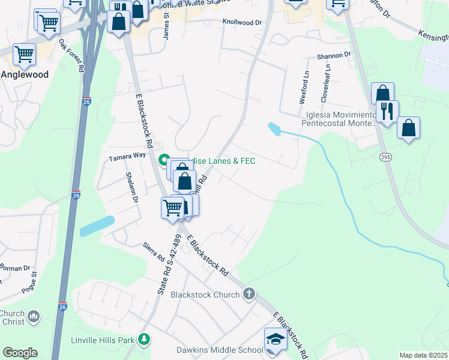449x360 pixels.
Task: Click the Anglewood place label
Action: click(x=25, y=75)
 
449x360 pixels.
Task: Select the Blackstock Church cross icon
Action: click(x=249, y=294)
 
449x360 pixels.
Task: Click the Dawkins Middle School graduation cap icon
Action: click(x=276, y=338)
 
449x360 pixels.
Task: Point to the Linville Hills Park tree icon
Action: click(x=144, y=340)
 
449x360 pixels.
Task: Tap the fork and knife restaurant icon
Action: click(x=387, y=112)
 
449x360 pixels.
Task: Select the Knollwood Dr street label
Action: click(x=243, y=22)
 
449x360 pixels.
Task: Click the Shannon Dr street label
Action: click(x=334, y=56)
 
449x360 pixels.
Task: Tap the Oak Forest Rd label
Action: click(x=71, y=55)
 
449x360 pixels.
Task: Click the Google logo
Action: click(x=20, y=353)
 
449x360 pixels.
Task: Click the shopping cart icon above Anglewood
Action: click(x=25, y=54)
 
